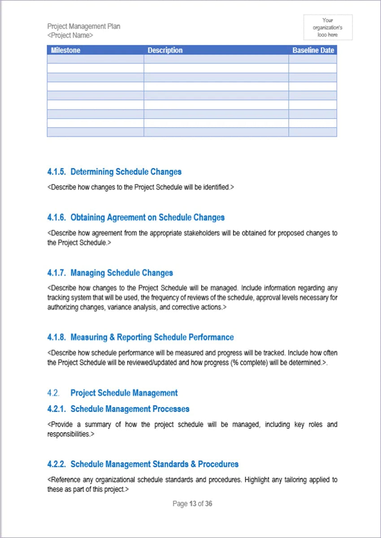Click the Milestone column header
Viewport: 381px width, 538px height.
point(65,50)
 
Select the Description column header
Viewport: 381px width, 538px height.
point(165,50)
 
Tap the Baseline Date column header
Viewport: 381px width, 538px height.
point(313,50)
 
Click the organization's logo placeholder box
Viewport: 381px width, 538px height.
point(328,27)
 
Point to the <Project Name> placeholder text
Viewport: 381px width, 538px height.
point(70,35)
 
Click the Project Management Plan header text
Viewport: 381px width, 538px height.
point(84,26)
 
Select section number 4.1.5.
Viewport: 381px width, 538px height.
point(56,172)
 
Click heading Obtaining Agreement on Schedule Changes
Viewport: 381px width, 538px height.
point(147,217)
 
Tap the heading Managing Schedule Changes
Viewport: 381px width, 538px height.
point(121,273)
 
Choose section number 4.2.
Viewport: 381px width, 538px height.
point(53,393)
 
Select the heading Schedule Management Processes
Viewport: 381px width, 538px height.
point(130,409)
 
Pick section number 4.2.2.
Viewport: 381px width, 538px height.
point(56,464)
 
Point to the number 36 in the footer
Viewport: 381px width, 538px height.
point(209,504)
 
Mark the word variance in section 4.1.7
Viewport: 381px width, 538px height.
point(118,308)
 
